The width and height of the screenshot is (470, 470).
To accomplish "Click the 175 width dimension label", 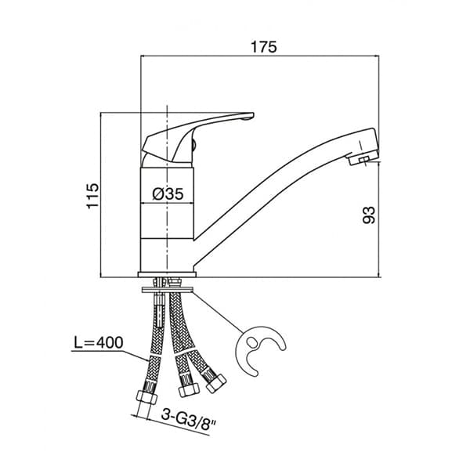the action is [264, 47].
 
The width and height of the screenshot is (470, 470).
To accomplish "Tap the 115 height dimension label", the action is [92, 195].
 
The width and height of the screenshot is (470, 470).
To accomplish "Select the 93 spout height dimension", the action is [369, 215].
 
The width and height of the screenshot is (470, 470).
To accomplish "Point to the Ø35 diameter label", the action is [168, 194].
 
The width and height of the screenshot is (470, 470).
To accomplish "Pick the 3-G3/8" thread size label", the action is [189, 419].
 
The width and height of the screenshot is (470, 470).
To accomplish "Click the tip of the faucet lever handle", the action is [253, 115].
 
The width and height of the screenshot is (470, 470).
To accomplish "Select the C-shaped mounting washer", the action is [260, 350].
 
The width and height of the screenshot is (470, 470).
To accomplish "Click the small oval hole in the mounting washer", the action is [251, 342].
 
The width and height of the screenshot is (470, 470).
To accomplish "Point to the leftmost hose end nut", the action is [146, 397].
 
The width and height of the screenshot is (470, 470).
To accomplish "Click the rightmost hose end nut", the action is [216, 383].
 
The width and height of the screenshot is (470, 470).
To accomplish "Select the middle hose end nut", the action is [189, 390].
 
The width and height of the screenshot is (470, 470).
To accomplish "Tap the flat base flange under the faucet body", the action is [167, 274].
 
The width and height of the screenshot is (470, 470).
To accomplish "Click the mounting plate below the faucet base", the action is [168, 290].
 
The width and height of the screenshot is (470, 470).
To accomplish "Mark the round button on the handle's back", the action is [194, 146].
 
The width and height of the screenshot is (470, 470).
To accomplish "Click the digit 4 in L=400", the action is [100, 342].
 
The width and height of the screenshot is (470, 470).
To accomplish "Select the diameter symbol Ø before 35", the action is [157, 194].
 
